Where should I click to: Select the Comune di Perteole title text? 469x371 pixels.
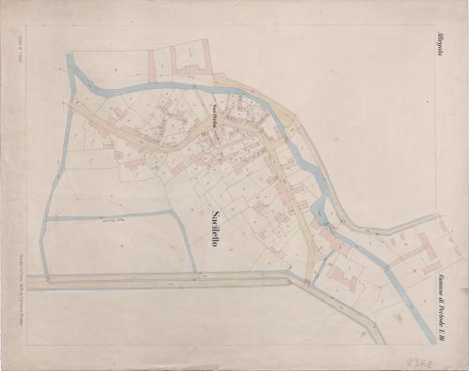coord(439,280)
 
